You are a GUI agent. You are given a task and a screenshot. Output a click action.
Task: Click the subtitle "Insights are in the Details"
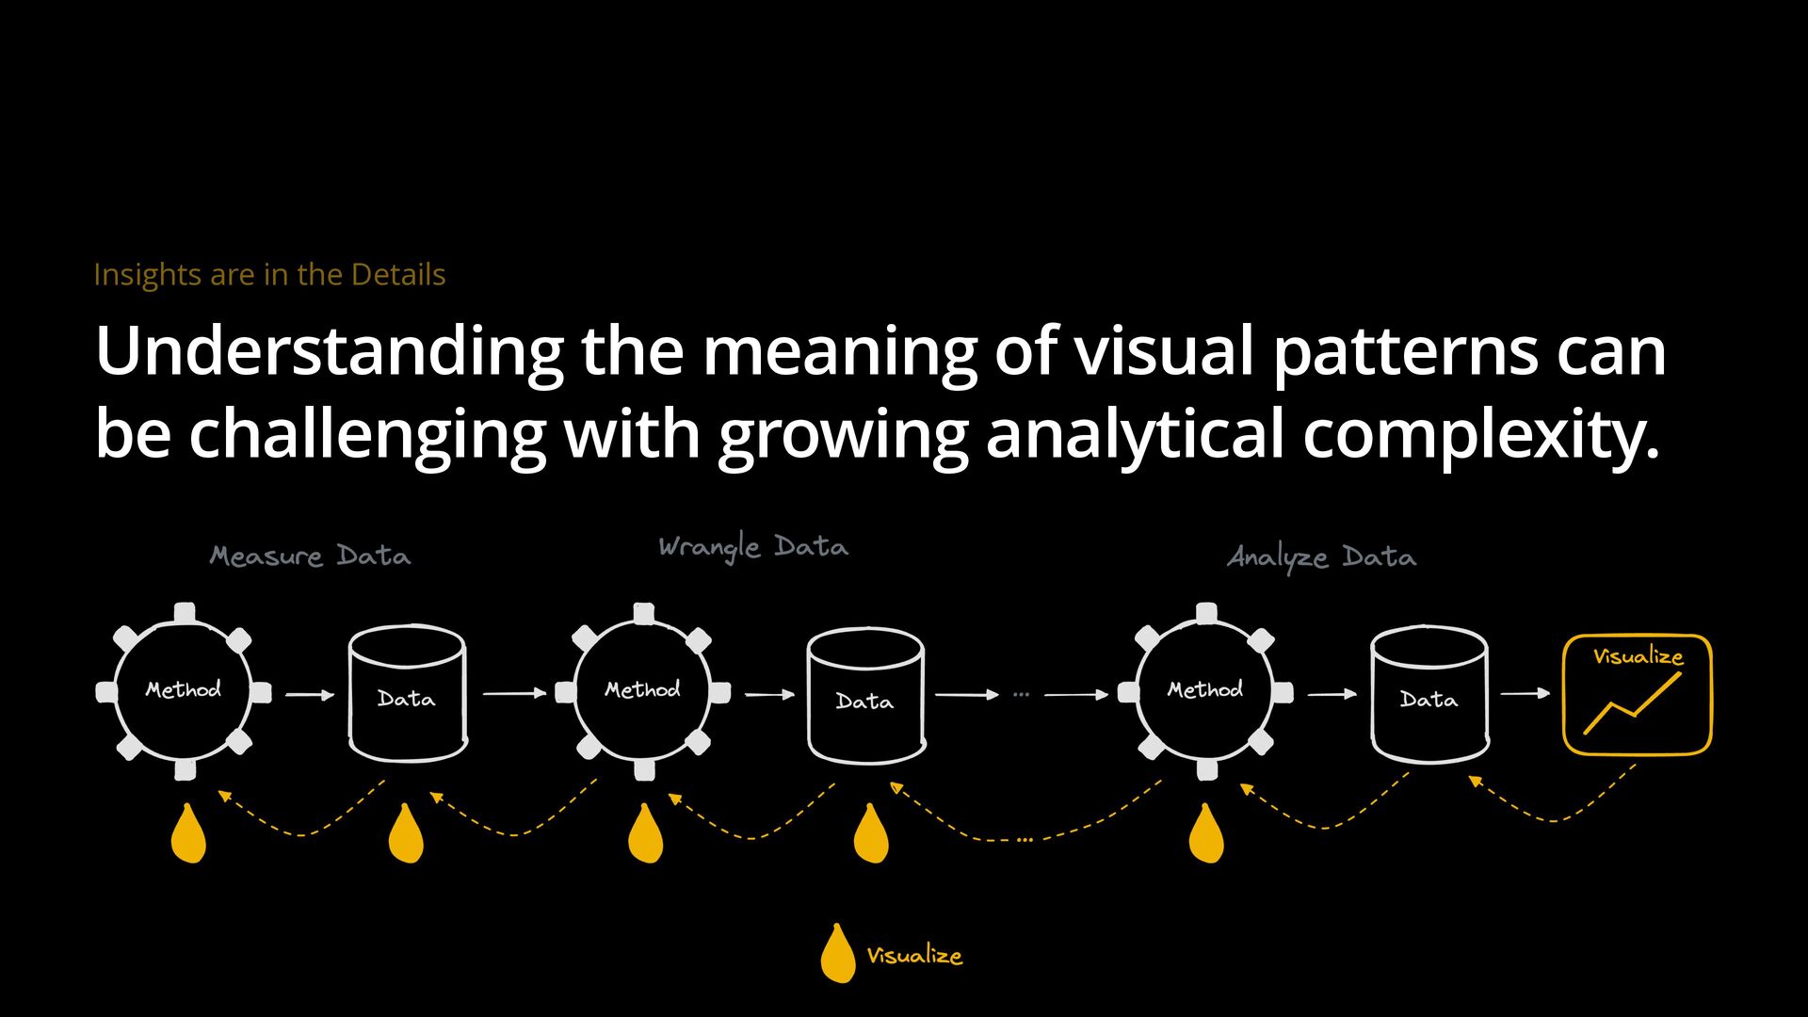269,274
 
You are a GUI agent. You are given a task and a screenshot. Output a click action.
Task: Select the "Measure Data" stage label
310,556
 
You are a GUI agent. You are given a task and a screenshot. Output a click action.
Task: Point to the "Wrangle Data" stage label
753,546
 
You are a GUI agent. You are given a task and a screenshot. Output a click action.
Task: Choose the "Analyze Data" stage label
1321,557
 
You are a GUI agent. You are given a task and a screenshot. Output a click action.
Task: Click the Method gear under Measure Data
184,691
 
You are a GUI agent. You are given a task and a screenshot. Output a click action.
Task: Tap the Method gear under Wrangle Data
643,691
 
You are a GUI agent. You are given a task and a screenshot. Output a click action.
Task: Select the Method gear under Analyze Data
1205,691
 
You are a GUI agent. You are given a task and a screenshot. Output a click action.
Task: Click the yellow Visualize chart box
1637,695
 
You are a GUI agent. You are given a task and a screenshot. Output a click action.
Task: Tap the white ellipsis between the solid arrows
1022,695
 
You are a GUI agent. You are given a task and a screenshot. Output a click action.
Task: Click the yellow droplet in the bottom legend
837,954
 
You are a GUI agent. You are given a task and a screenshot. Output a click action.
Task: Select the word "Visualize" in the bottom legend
914,956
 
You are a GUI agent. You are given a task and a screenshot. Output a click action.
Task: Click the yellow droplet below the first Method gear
188,834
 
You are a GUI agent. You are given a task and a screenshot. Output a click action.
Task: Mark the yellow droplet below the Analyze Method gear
1206,834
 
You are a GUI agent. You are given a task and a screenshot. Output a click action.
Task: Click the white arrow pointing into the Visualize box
1525,693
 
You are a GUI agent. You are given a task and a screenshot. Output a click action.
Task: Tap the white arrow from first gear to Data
310,695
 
